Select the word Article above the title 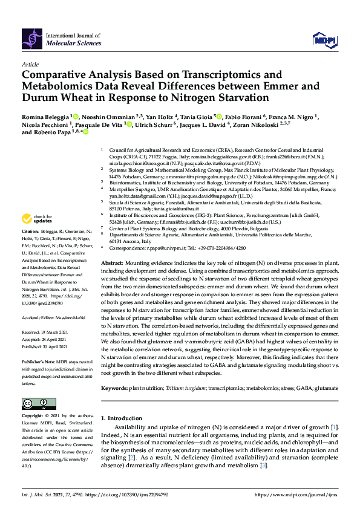pos(30,63)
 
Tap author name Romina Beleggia pos(48,115)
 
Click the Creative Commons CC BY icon pos(34,403)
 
